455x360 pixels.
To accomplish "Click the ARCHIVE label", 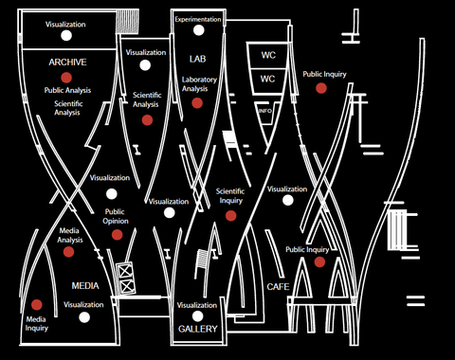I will [x=67, y=63].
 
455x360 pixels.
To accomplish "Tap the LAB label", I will [x=197, y=59].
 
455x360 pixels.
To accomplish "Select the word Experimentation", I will [x=197, y=19].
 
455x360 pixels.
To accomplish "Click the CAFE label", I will [x=278, y=286].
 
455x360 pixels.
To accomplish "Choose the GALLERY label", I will [x=197, y=329].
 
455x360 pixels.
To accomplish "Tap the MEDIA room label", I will [x=85, y=285].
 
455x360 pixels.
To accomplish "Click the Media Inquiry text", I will [x=36, y=324].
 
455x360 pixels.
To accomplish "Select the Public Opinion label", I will [x=115, y=217].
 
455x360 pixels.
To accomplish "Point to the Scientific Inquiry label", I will [x=230, y=195].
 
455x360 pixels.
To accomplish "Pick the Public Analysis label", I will [x=67, y=90].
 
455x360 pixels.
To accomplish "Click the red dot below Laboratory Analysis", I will [x=197, y=102].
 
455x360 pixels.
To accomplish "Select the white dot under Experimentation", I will [x=197, y=36].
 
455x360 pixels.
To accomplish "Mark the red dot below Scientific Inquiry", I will [x=230, y=215].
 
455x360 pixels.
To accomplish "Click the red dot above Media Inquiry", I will [x=37, y=304].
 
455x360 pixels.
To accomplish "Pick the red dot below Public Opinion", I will [x=117, y=234].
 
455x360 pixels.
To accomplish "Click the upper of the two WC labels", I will [x=268, y=55].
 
